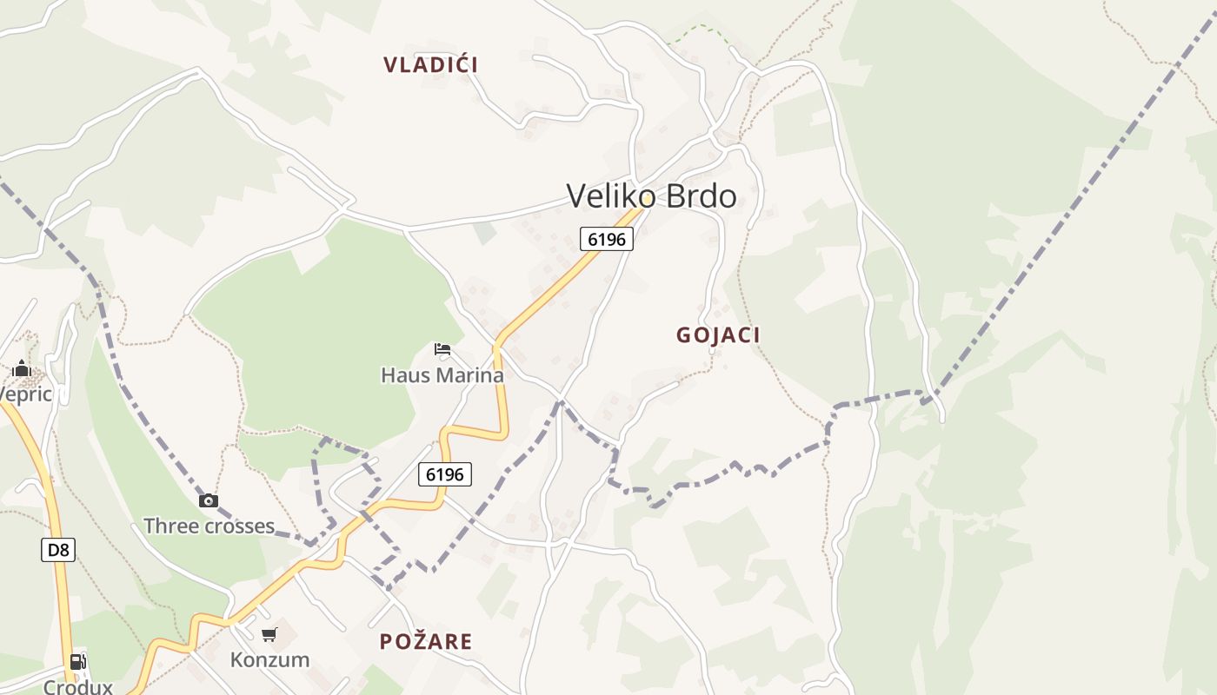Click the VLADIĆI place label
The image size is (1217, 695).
pos(430,64)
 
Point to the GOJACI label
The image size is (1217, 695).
pos(718,335)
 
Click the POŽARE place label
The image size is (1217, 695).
pos(426,642)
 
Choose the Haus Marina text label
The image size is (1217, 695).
pos(442,375)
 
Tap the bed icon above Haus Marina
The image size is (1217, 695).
pos(442,350)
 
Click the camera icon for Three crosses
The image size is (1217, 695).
pos(209,500)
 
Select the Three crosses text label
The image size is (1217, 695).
pos(209,526)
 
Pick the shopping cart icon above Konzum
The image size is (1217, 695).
pos(269,635)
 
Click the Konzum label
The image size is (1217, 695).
pos(269,659)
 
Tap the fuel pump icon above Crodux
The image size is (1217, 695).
pos(78,662)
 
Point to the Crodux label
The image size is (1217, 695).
pos(78,686)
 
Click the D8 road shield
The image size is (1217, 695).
pos(58,550)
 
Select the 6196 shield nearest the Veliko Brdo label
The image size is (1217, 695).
pos(607,239)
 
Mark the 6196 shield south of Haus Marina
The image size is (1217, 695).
pos(445,474)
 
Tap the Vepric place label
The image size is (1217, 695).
pos(26,394)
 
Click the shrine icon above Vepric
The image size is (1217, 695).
pos(22,368)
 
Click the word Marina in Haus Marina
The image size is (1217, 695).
pos(472,375)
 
